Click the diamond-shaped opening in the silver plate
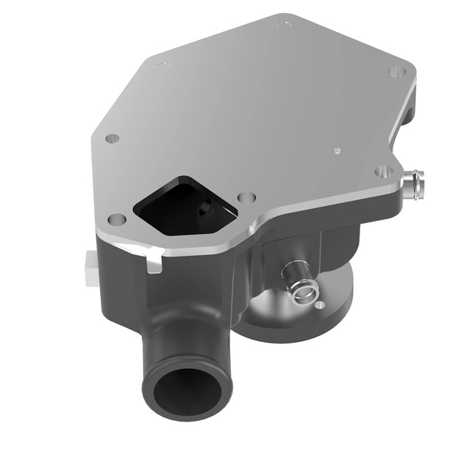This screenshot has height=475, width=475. [x=183, y=205]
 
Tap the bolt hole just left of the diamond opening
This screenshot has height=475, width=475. [x=116, y=219]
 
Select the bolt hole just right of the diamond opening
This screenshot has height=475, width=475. [x=247, y=198]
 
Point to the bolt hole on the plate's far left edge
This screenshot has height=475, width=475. [x=111, y=138]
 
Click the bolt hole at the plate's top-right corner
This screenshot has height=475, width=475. [x=396, y=71]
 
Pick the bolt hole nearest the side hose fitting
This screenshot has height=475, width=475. [x=384, y=172]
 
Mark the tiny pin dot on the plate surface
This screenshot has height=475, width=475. [x=336, y=151]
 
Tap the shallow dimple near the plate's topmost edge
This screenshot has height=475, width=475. [x=284, y=24]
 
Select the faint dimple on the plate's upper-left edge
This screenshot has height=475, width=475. [x=162, y=65]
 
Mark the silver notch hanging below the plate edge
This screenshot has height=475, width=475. [x=154, y=262]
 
